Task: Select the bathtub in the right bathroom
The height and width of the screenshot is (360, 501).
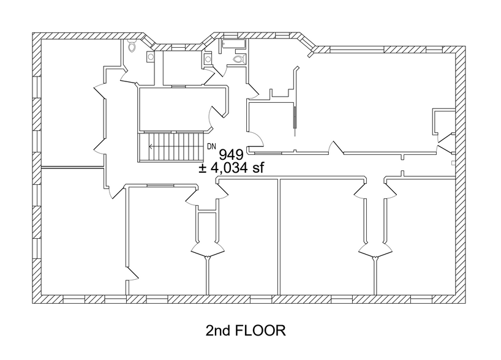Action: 233,44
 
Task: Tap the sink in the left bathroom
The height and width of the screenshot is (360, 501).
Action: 150,56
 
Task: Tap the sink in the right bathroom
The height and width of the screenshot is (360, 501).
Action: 208,59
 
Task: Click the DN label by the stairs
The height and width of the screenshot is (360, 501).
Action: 212,146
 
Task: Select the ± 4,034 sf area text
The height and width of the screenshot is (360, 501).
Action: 231,168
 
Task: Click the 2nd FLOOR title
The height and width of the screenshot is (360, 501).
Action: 245,331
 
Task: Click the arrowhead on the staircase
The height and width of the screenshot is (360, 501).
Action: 151,147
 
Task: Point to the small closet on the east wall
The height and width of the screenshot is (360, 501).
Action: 442,122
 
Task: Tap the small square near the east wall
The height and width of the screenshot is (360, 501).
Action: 452,163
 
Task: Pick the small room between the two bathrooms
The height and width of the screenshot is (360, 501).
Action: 182,67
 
